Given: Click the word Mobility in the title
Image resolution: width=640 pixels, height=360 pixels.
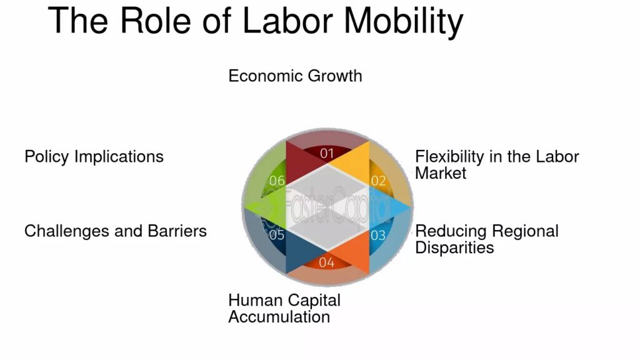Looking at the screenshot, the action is [404, 21].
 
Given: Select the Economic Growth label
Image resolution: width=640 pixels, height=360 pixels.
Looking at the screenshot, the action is [295, 76].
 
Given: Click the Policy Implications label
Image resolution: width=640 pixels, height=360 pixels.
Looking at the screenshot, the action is [94, 157].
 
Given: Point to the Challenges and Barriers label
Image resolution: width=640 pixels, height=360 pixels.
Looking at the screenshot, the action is [116, 231].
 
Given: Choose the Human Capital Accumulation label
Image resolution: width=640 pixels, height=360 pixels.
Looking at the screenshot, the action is [284, 309].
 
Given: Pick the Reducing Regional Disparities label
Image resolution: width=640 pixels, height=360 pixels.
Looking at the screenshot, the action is [486, 239].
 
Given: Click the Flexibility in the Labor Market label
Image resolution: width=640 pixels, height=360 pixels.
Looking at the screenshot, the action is [497, 165].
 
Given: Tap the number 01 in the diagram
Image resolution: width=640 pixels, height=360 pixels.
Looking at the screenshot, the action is [327, 154].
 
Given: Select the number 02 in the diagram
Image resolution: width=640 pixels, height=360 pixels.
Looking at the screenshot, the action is [378, 181].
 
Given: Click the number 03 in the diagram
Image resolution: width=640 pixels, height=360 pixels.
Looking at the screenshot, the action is [378, 236].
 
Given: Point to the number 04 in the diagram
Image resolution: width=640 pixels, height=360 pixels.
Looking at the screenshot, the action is [326, 262].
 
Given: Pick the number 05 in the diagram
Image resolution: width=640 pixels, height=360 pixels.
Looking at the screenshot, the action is [276, 235].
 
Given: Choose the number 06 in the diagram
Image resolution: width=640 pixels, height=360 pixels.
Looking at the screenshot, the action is [277, 181].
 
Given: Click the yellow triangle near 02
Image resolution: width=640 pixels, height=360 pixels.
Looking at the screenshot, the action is [354, 163].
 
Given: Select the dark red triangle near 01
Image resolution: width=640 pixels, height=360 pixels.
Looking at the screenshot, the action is [300, 163].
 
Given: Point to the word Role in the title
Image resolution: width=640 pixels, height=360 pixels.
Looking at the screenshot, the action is [156, 21].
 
